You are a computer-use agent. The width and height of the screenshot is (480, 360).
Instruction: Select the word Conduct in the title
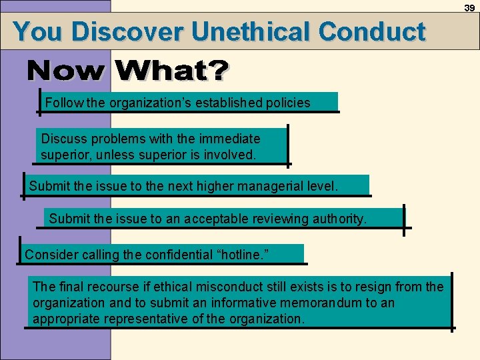(371, 31)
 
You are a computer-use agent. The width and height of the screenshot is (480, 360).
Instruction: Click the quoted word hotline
(243, 254)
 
